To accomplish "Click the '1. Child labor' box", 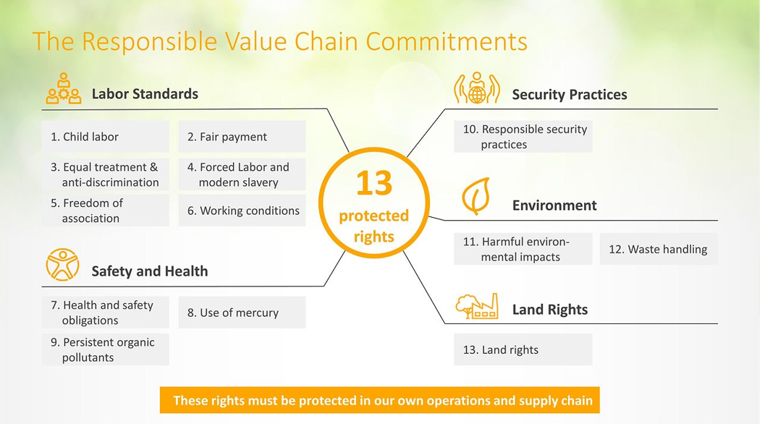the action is pyautogui.click(x=105, y=137).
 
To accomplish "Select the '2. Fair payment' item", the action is pyautogui.click(x=242, y=137).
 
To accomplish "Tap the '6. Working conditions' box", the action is pyautogui.click(x=242, y=211).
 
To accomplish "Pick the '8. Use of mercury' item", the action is pyautogui.click(x=242, y=313).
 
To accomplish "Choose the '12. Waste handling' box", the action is pyautogui.click(x=658, y=249).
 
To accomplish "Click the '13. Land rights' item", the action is pyautogui.click(x=523, y=349).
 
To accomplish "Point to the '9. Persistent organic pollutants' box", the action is pyautogui.click(x=105, y=349).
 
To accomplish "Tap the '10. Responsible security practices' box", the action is pyautogui.click(x=523, y=137).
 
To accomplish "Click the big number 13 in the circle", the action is pyautogui.click(x=374, y=184).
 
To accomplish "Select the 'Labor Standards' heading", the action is pyautogui.click(x=145, y=93).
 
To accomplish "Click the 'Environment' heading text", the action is pyautogui.click(x=554, y=205).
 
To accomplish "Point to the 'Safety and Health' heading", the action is pyautogui.click(x=150, y=271).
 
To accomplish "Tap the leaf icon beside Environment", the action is pyautogui.click(x=476, y=196).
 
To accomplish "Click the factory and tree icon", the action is pyautogui.click(x=476, y=306).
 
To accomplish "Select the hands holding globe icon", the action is pyautogui.click(x=476, y=88).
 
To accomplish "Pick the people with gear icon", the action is pyautogui.click(x=64, y=88).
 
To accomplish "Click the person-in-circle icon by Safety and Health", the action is pyautogui.click(x=62, y=265).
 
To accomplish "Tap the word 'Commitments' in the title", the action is pyautogui.click(x=447, y=41).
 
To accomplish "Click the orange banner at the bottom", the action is pyautogui.click(x=379, y=400).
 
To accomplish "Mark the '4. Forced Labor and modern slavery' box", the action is pyautogui.click(x=242, y=174).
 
